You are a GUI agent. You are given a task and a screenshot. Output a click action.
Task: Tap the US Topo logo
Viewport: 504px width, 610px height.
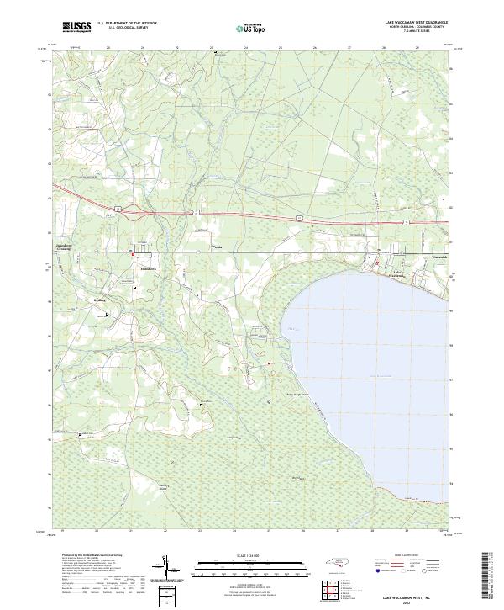[x=246, y=28]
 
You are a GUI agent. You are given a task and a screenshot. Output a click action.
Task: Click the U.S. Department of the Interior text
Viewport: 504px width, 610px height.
[x=127, y=23]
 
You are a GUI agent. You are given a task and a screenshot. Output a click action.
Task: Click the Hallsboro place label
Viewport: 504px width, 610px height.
[x=139, y=269]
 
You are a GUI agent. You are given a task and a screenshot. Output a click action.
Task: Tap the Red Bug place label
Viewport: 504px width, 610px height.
[x=102, y=299]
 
